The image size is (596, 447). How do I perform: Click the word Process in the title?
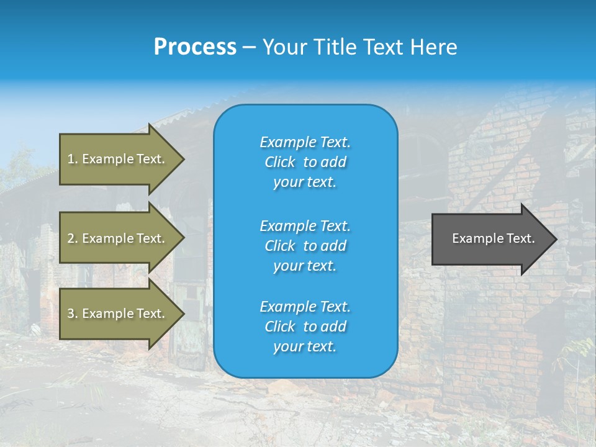195,47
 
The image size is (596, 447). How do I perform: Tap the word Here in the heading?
433,47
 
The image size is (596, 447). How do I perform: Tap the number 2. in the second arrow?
73,238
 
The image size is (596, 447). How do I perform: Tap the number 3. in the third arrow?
73,314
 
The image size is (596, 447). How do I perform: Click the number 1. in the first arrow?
73,159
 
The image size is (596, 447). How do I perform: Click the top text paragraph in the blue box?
305,162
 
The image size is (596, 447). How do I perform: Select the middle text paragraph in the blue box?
305,246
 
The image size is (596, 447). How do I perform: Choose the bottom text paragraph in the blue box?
305,327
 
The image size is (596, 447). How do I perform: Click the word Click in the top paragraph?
279,162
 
